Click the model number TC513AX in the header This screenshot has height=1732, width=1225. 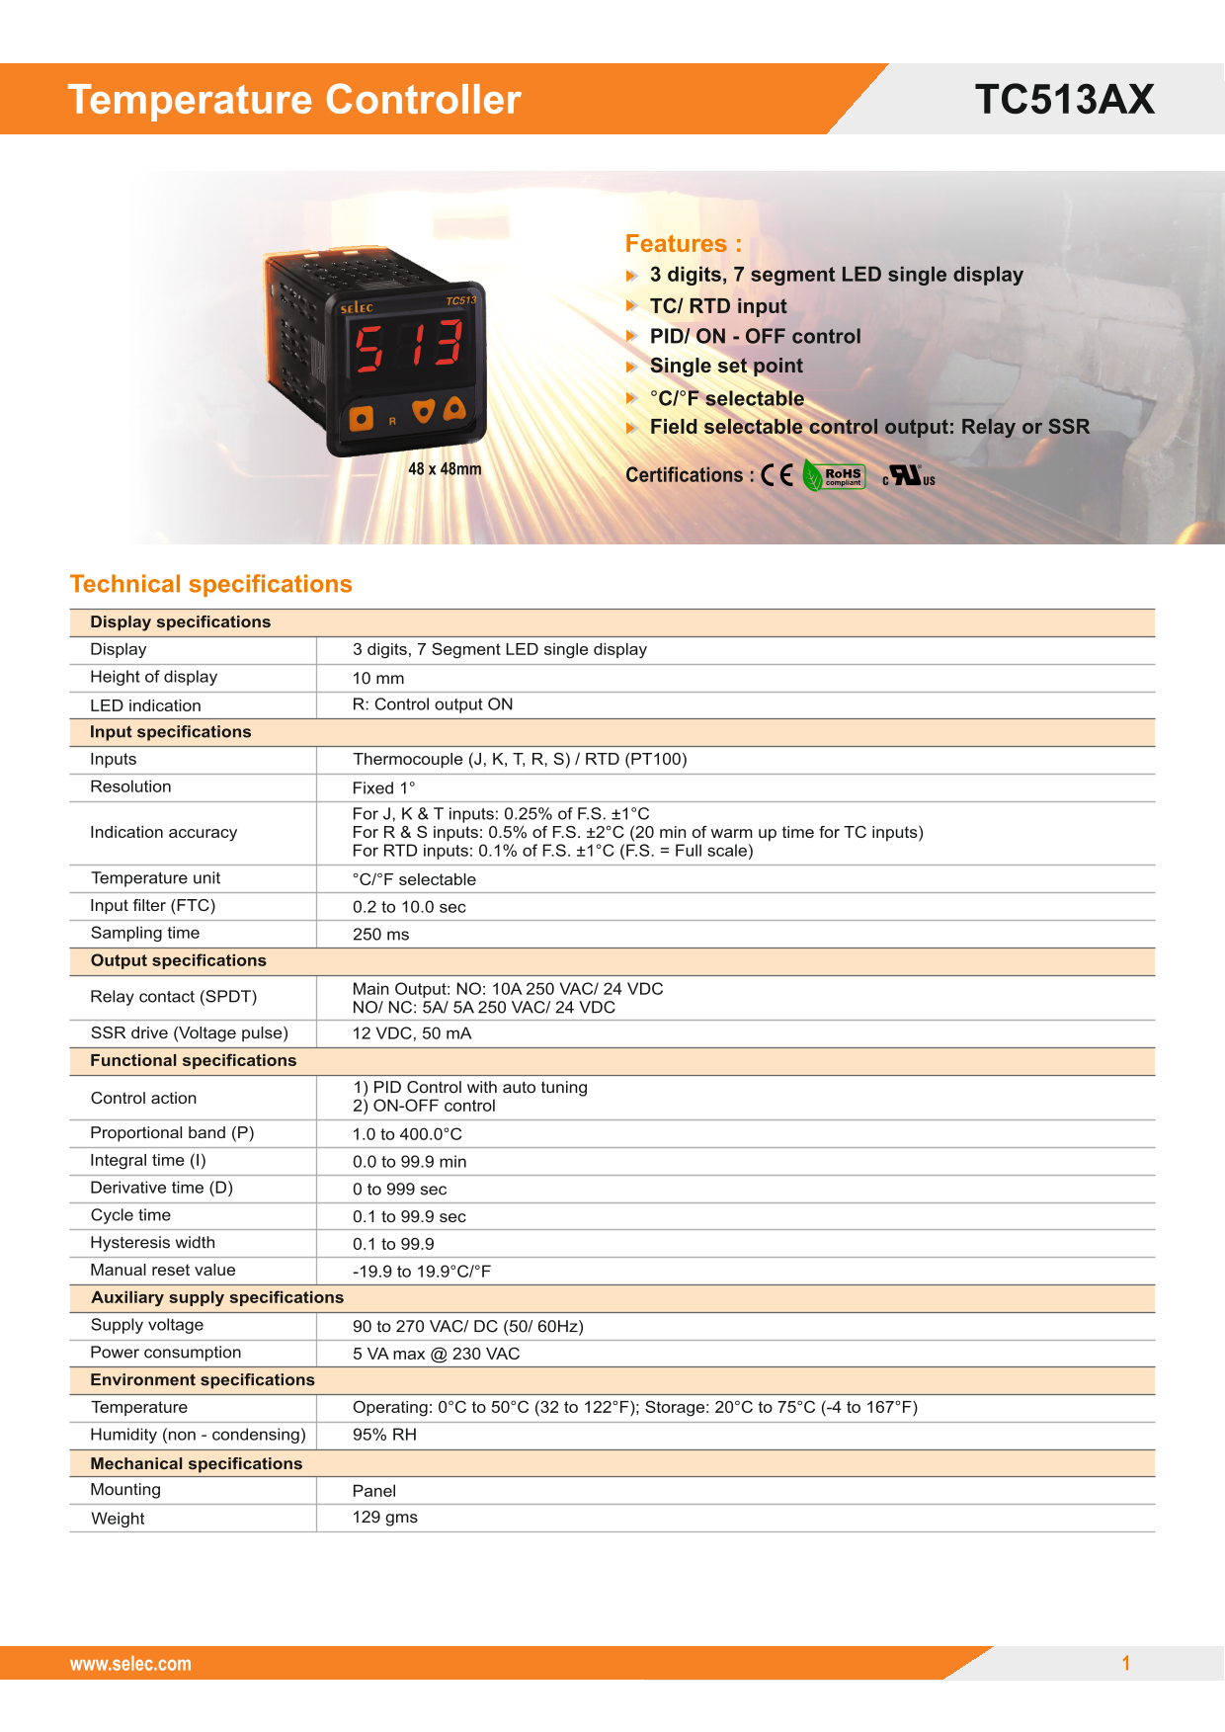[x=1064, y=100]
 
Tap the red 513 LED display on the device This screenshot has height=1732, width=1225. [x=409, y=345]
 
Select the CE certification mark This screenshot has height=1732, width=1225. [x=776, y=475]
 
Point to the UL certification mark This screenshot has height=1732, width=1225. [x=908, y=476]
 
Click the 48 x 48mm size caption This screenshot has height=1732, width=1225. [x=445, y=469]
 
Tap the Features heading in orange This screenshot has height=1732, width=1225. [x=683, y=244]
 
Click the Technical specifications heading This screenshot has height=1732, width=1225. [x=211, y=584]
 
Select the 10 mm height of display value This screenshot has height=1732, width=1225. [x=378, y=678]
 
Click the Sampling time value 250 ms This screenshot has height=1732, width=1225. [x=380, y=935]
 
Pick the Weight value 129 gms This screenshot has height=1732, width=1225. [x=384, y=1518]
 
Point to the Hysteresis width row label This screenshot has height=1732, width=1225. [x=152, y=1243]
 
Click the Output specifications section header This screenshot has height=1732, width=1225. [x=178, y=960]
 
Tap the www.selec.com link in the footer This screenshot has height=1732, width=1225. [x=130, y=1664]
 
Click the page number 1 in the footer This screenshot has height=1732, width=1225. [x=1125, y=1663]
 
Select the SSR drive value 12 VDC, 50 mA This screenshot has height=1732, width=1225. [x=411, y=1033]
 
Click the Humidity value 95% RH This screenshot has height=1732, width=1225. [x=384, y=1435]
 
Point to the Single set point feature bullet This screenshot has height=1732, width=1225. [x=726, y=367]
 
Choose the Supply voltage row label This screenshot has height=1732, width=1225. [x=146, y=1325]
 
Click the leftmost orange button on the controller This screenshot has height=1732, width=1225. [x=362, y=419]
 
